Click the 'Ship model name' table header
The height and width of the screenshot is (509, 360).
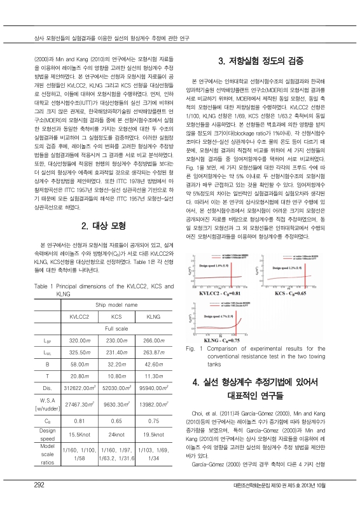click(x=113, y=305)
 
